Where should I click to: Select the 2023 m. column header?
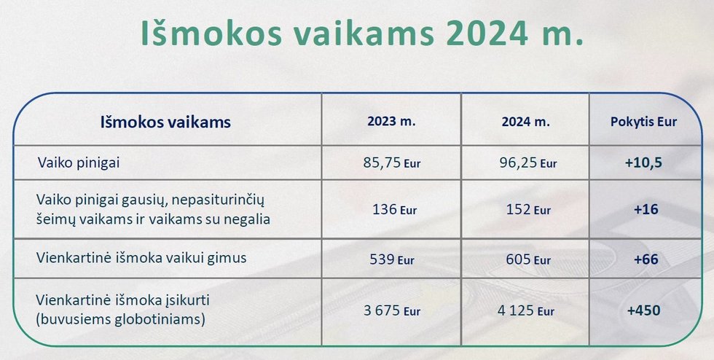coord(392,122)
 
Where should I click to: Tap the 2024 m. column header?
coord(526,122)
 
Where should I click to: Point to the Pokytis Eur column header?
coord(644,122)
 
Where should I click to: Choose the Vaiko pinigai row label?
coord(79,163)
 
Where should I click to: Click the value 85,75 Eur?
coord(392,163)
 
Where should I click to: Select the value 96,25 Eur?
coord(527,163)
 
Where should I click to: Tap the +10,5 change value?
coord(643,163)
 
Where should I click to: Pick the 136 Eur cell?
coord(394,210)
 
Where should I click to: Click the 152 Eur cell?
coord(528,210)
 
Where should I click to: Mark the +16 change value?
coord(646,210)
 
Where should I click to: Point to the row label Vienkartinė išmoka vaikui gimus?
coord(141,258)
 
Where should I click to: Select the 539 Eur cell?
coord(392,259)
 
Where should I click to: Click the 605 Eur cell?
coord(528,259)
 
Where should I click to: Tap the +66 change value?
coord(646,259)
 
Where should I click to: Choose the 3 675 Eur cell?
coord(392,310)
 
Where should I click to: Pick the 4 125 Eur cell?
coord(526,310)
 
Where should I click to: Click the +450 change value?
coord(643,310)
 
